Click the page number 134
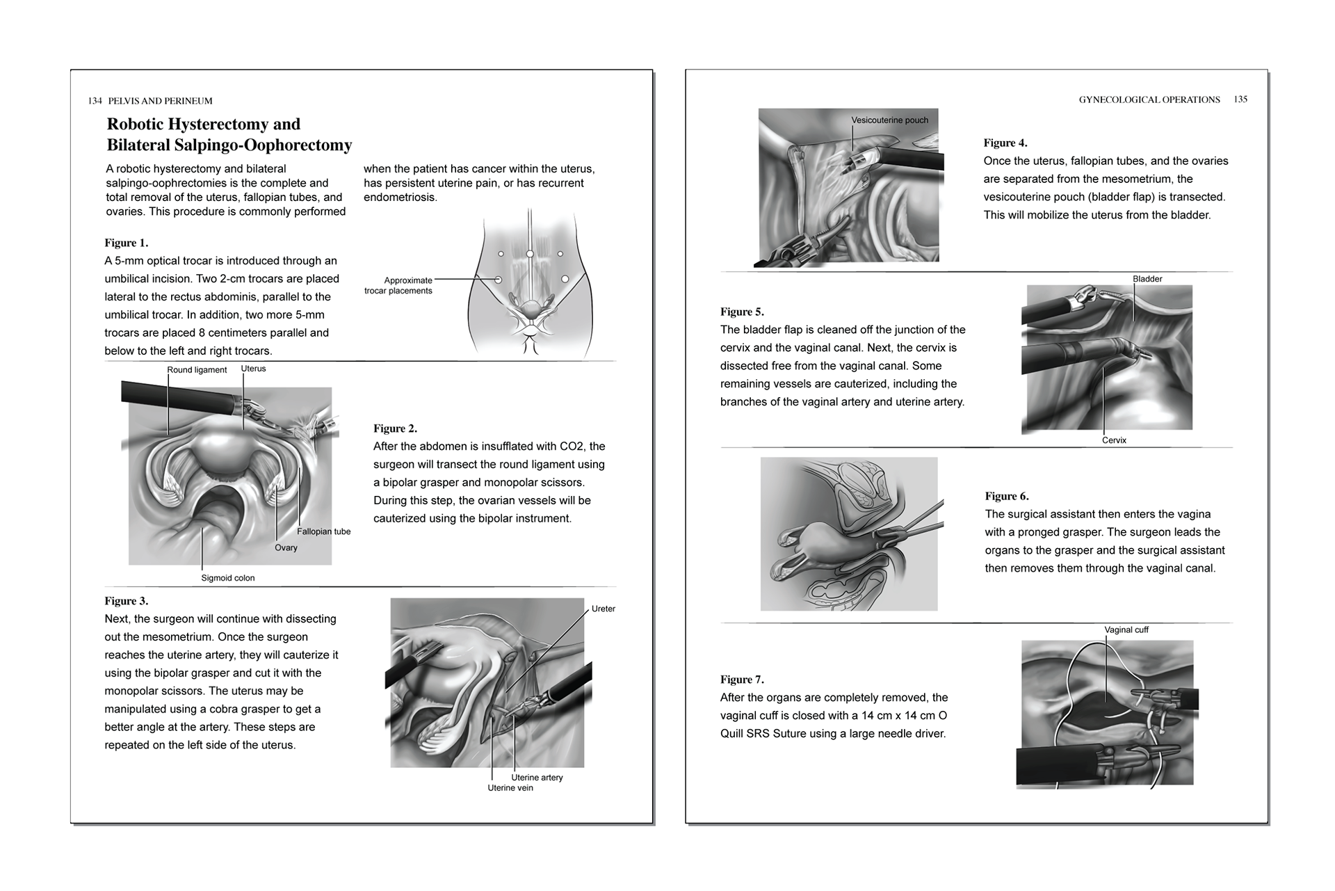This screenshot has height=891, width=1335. [95, 101]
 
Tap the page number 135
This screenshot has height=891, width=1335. [1240, 99]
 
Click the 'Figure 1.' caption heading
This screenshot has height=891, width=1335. [126, 243]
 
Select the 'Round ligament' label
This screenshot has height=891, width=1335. [197, 370]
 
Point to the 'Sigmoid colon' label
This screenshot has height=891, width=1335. [228, 578]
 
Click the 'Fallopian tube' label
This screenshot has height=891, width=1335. [323, 531]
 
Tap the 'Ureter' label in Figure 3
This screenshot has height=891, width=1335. [603, 609]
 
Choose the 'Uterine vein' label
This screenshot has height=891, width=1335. [510, 788]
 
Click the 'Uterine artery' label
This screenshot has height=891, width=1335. [537, 778]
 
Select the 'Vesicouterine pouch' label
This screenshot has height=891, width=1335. [889, 120]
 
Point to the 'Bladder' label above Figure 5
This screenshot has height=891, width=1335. [1147, 279]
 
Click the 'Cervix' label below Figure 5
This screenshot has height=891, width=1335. [1114, 440]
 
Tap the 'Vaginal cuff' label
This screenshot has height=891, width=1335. [1126, 630]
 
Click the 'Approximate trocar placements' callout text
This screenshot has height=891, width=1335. [398, 286]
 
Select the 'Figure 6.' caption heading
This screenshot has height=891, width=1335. [1006, 496]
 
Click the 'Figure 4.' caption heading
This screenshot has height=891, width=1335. [1005, 143]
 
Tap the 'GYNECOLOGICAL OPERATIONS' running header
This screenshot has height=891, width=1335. [1149, 99]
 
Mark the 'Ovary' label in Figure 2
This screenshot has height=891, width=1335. [286, 547]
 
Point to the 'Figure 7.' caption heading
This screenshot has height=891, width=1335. [742, 680]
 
